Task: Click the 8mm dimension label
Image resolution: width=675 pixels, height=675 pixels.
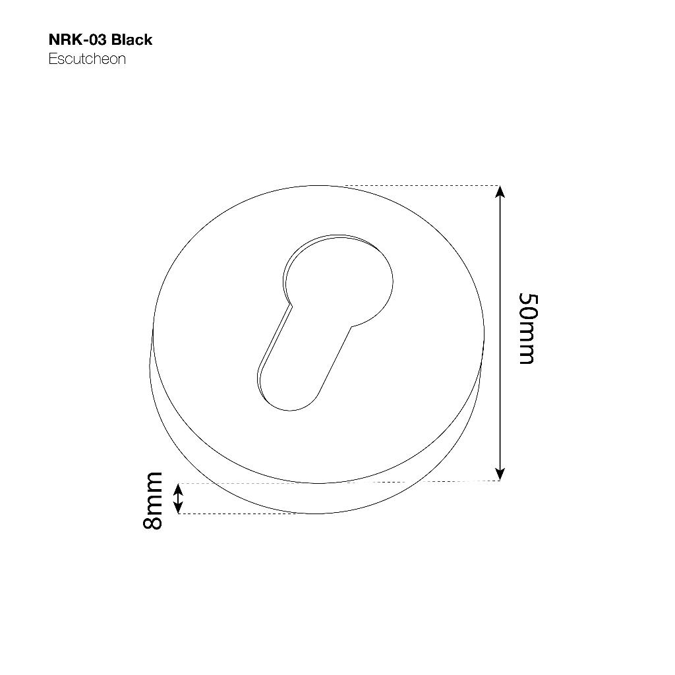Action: (x=153, y=501)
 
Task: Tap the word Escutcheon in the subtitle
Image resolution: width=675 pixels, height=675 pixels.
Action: (x=87, y=59)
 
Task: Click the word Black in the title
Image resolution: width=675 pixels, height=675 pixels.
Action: (x=132, y=40)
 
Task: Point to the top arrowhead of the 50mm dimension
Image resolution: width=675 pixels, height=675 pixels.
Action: (x=500, y=191)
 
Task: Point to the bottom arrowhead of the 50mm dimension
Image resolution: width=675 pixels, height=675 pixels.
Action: (x=500, y=474)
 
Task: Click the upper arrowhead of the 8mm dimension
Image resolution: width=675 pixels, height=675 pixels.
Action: (x=178, y=488)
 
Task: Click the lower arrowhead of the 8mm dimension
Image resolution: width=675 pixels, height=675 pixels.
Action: (x=178, y=508)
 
